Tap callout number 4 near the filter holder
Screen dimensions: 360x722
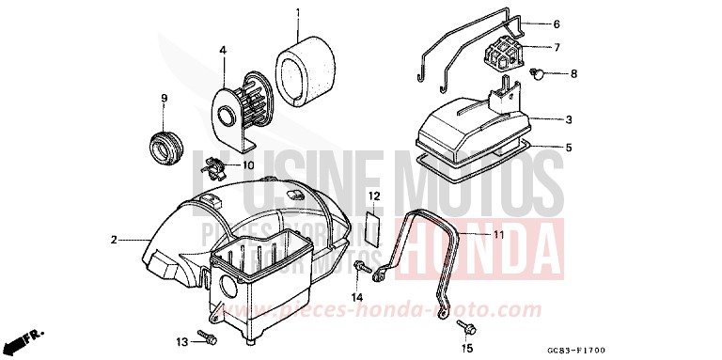pyautogui.click(x=223, y=49)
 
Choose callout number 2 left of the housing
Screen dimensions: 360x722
pyautogui.click(x=113, y=240)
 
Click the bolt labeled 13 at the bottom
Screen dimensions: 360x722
pyautogui.click(x=208, y=337)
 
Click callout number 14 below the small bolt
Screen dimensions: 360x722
pyautogui.click(x=357, y=298)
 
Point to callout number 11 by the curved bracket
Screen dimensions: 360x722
pyautogui.click(x=498, y=233)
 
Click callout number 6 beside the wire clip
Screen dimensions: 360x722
pyautogui.click(x=556, y=23)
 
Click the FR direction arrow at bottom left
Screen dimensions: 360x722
pyautogui.click(x=28, y=337)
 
